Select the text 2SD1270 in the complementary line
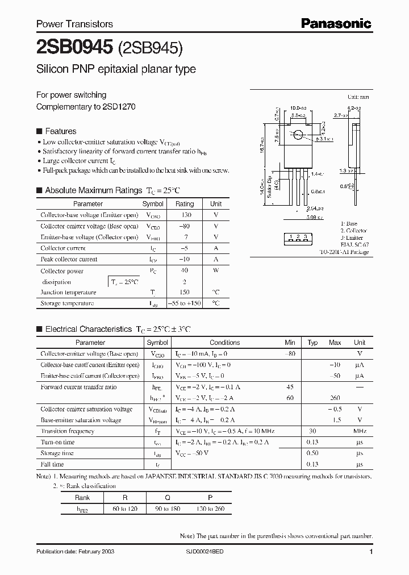click(x=119, y=106)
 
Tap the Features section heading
click(x=60, y=131)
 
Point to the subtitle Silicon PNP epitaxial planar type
click(x=116, y=69)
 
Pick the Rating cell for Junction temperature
click(x=184, y=293)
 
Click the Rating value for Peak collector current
click(x=184, y=259)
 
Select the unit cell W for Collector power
click(x=216, y=271)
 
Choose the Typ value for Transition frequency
click(x=312, y=431)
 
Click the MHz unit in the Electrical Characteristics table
click(x=359, y=431)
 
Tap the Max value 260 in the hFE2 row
click(x=335, y=398)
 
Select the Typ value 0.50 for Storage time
click(x=312, y=453)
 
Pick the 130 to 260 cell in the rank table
click(x=210, y=509)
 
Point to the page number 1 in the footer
click(x=371, y=552)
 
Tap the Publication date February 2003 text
click(x=72, y=552)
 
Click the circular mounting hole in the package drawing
click(x=297, y=135)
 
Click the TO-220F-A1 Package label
click(x=344, y=252)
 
